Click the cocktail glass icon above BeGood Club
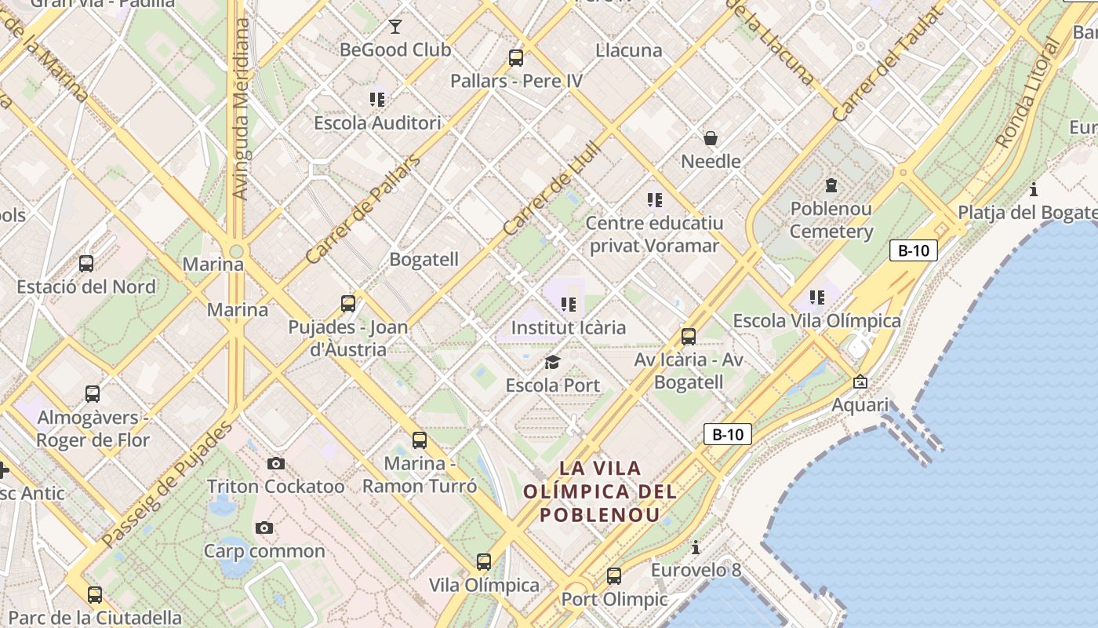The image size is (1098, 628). click(394, 27)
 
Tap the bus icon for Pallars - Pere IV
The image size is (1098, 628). click(515, 57)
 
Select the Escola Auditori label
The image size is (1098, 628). click(377, 123)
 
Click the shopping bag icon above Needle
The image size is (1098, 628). click(711, 138)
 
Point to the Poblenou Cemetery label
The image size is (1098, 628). click(831, 221)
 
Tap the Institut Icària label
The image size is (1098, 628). click(569, 327)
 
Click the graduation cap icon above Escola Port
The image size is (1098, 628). click(553, 362)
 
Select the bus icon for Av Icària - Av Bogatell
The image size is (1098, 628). click(689, 337)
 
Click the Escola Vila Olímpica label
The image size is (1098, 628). click(816, 321)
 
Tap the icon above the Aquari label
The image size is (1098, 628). click(860, 382)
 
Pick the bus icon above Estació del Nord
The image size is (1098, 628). click(86, 264)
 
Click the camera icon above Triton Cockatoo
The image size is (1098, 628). click(275, 463)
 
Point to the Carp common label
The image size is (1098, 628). click(264, 551)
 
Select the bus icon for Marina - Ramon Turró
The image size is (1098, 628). click(420, 440)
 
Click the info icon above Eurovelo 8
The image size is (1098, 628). click(695, 547)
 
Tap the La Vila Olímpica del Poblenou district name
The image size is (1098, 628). click(600, 491)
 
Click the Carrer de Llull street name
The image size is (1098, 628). click(552, 188)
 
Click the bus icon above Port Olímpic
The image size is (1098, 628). click(614, 576)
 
